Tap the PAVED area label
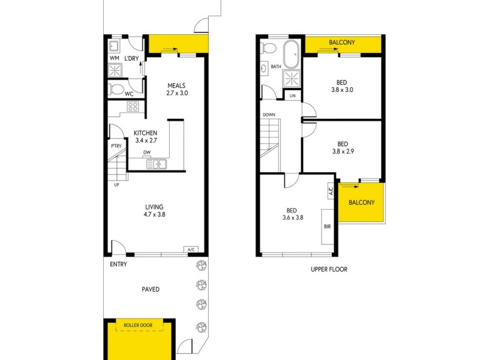[x=151, y=289]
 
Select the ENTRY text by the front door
[x=118, y=264]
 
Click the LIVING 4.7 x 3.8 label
[x=154, y=210]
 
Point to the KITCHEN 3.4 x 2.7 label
[x=145, y=137]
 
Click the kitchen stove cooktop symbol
[x=133, y=107]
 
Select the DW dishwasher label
[x=146, y=152]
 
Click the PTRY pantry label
[x=116, y=145]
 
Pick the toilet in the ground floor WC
[x=116, y=89]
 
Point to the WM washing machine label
[x=114, y=58]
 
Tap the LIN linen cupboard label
[x=293, y=96]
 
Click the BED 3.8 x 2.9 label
[x=343, y=148]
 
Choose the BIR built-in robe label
[x=327, y=227]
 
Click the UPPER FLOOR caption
[x=329, y=269]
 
